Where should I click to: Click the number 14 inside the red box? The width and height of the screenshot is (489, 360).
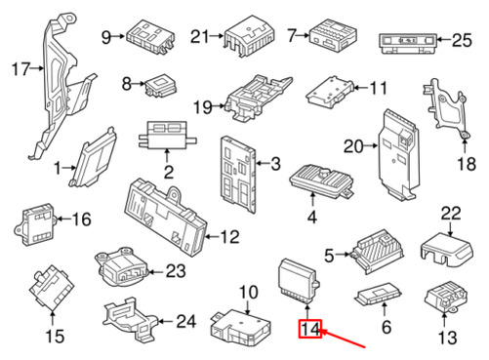click(310, 329)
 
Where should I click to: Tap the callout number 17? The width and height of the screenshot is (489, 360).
click(20, 69)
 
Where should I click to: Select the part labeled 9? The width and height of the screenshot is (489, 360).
click(150, 36)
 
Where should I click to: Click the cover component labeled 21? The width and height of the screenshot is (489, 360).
click(249, 36)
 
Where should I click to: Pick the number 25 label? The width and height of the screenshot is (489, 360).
click(462, 40)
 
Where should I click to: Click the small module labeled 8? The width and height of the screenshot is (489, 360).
click(161, 85)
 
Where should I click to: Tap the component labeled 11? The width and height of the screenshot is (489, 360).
click(330, 92)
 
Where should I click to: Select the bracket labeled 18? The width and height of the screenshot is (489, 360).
click(445, 109)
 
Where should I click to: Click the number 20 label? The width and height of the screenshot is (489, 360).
click(353, 146)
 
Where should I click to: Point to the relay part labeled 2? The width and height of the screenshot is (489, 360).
click(167, 135)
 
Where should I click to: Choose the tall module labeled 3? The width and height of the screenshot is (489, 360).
click(238, 175)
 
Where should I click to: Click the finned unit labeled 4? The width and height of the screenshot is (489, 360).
click(320, 180)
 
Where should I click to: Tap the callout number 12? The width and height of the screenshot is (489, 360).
click(230, 237)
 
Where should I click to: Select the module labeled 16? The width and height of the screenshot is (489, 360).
click(36, 224)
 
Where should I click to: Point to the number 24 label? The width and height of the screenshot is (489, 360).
click(186, 322)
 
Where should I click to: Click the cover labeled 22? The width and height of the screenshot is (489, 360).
click(447, 249)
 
